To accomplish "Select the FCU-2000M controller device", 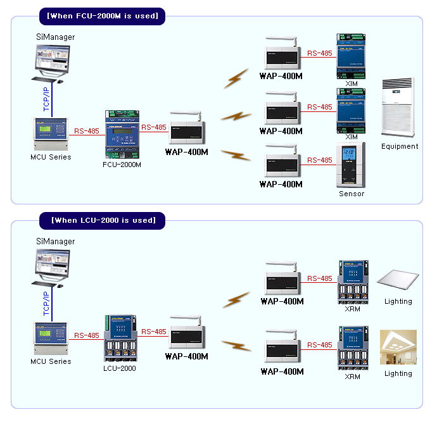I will click(122, 135).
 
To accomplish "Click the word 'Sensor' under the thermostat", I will click(351, 194).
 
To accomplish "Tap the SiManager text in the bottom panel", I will click(55, 242).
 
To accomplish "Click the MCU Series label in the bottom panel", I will click(51, 361).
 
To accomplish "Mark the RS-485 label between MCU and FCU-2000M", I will click(87, 131).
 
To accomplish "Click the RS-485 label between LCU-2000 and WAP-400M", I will click(153, 332).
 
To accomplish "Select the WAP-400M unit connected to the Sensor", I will click(281, 163).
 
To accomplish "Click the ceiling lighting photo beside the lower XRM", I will click(398, 347).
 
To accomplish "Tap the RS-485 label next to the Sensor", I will click(320, 161).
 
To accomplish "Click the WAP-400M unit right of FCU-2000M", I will click(186, 133).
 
